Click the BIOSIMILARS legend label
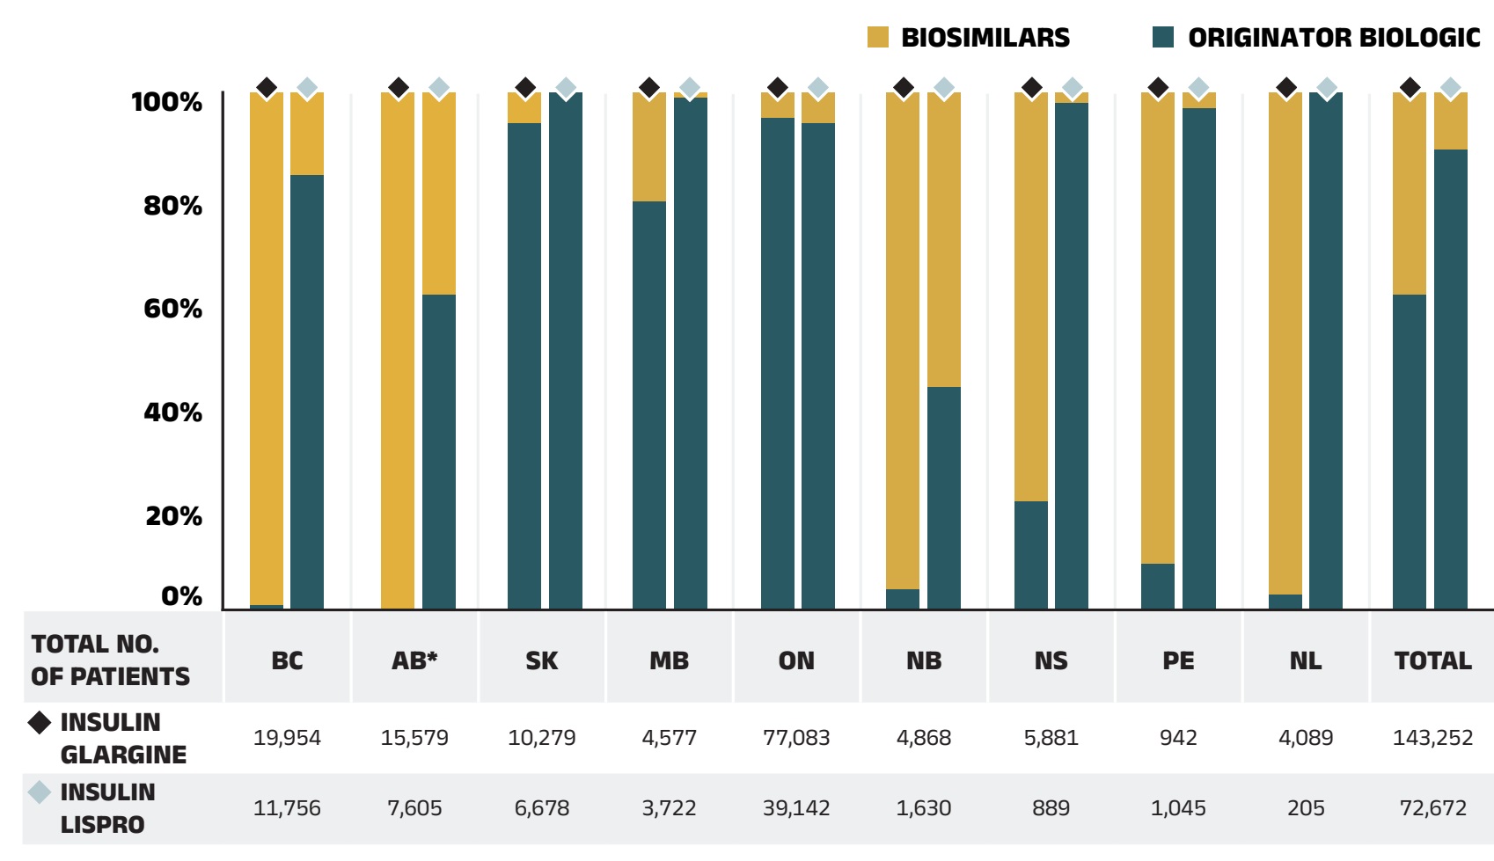coord(985,38)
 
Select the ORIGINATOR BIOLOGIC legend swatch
coord(1163,37)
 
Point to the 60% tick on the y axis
coord(173,309)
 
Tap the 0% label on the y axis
coord(181,596)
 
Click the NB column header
coord(923,660)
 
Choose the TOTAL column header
coord(1432,660)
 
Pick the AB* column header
coord(414,660)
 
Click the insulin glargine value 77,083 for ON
coord(796,738)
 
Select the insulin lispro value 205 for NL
coord(1306,808)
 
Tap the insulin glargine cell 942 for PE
coord(1178,738)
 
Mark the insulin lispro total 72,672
coord(1432,808)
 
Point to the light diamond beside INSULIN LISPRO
coord(40,792)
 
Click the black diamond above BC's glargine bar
coord(267,88)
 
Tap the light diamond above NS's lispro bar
coord(1072,88)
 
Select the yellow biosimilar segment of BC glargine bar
coord(267,352)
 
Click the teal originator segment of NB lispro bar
coord(944,497)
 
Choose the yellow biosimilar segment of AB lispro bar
coord(439,193)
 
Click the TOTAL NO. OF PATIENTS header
coord(110,660)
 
